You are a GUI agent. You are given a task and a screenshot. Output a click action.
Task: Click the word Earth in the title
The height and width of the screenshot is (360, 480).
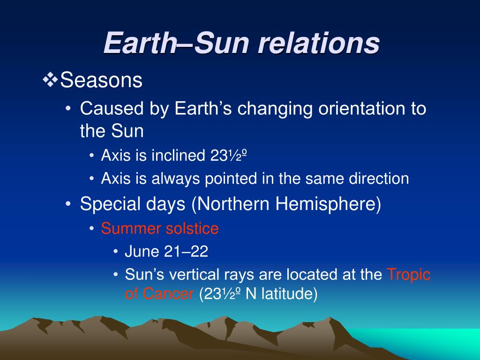pyautogui.click(x=140, y=43)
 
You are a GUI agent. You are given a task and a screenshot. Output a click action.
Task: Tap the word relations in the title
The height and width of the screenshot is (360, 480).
pyautogui.click(x=319, y=43)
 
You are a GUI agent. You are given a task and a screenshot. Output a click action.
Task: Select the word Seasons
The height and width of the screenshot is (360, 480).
pyautogui.click(x=101, y=80)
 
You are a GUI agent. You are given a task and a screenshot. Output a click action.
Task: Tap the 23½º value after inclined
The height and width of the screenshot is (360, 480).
pyautogui.click(x=229, y=155)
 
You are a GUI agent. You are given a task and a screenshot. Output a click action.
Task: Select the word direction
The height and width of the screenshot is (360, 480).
pyautogui.click(x=379, y=179)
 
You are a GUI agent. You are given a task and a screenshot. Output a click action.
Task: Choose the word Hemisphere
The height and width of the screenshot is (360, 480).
pyautogui.click(x=328, y=204)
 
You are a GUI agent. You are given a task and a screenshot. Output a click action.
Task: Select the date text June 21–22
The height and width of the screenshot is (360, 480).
pyautogui.click(x=166, y=251)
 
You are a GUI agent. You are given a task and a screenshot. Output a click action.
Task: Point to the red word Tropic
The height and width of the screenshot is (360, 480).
pyautogui.click(x=409, y=275)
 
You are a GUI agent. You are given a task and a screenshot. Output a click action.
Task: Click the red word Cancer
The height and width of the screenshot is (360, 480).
pyautogui.click(x=168, y=293)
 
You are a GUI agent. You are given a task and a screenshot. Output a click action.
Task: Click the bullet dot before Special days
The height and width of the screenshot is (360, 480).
pyautogui.click(x=68, y=203)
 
